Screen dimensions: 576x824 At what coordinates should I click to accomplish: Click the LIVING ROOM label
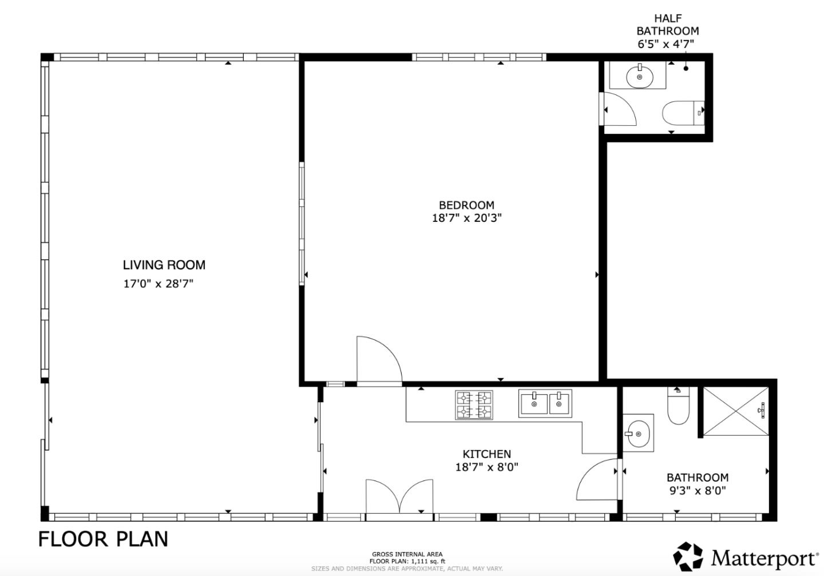point(164,265)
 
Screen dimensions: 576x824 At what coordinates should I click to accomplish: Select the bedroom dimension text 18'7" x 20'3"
point(466,218)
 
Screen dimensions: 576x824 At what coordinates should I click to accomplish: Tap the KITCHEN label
point(486,454)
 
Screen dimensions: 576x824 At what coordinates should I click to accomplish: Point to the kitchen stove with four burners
point(474,405)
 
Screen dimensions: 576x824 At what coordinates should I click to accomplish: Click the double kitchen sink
point(545,403)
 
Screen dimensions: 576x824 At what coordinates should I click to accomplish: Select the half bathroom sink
point(639,76)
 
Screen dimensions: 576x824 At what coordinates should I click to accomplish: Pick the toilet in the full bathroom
point(679,407)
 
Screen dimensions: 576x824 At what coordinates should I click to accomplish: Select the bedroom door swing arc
point(378,360)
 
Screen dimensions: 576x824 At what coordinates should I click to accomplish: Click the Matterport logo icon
point(687,557)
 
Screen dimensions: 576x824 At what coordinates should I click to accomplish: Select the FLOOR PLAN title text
point(104,539)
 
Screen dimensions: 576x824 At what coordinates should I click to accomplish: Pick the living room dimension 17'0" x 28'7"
point(159,284)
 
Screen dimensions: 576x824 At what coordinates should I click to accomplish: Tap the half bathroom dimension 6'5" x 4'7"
point(667,44)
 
